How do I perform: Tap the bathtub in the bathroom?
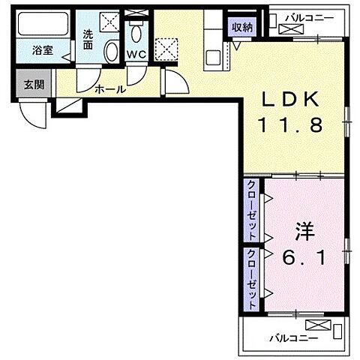(42, 27)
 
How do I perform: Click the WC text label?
(136, 54)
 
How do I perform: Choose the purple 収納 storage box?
(242, 27)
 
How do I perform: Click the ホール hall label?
(109, 88)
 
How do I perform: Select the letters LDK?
(292, 100)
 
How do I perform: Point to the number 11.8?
(292, 125)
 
